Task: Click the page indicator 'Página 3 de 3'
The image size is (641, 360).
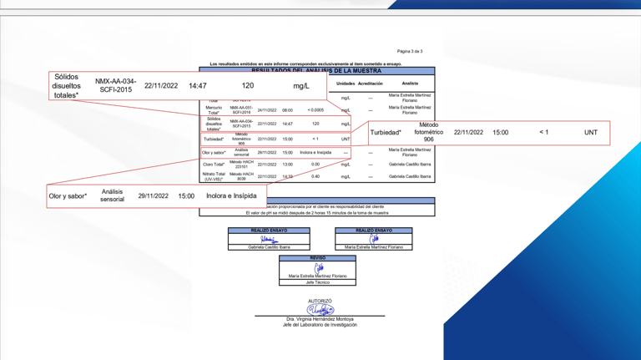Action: (410, 52)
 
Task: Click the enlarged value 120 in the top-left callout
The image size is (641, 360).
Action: (248, 86)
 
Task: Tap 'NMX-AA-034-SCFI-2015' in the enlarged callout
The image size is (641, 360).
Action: (115, 86)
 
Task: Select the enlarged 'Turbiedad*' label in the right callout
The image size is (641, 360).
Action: (386, 133)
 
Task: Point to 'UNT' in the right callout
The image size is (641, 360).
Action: (590, 133)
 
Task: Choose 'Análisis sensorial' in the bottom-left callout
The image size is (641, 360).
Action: (112, 195)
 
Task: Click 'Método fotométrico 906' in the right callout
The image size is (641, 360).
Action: (428, 133)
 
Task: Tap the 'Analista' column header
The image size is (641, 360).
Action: (410, 84)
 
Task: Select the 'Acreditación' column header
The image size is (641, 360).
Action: (370, 84)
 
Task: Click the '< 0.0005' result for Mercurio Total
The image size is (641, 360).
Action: (315, 110)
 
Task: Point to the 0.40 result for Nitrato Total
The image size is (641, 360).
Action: (315, 176)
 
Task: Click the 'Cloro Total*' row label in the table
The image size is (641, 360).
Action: (214, 165)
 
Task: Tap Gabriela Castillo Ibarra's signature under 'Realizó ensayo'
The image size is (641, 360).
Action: (269, 240)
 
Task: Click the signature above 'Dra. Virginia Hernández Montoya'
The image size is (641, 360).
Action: (320, 310)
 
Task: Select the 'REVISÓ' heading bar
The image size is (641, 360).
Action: (317, 258)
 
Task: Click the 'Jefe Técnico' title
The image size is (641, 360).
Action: (317, 282)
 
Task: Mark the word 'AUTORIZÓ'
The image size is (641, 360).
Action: (320, 301)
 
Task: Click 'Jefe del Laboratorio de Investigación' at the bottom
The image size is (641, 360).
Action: (320, 325)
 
